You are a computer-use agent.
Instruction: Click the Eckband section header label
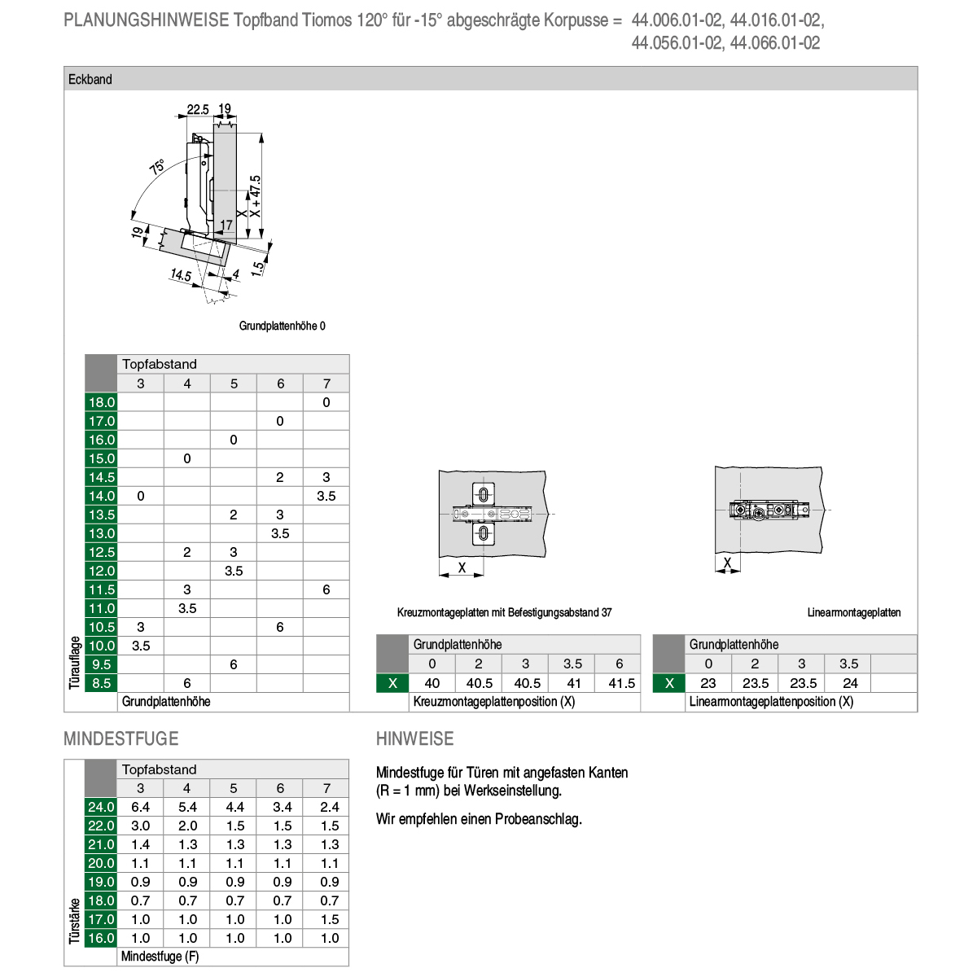(x=90, y=79)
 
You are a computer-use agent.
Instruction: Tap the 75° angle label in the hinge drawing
(x=157, y=167)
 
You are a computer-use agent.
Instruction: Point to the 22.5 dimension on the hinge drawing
(x=198, y=109)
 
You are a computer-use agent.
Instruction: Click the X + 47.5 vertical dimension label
(x=255, y=196)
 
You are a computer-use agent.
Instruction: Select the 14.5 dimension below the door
(x=181, y=274)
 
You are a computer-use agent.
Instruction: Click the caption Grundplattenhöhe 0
(x=282, y=326)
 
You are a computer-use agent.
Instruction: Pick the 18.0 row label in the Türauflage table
(x=102, y=402)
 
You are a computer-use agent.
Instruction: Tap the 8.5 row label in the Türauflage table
(x=102, y=683)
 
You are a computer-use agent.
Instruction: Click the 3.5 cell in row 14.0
(x=326, y=496)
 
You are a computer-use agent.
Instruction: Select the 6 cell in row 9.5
(x=233, y=664)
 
